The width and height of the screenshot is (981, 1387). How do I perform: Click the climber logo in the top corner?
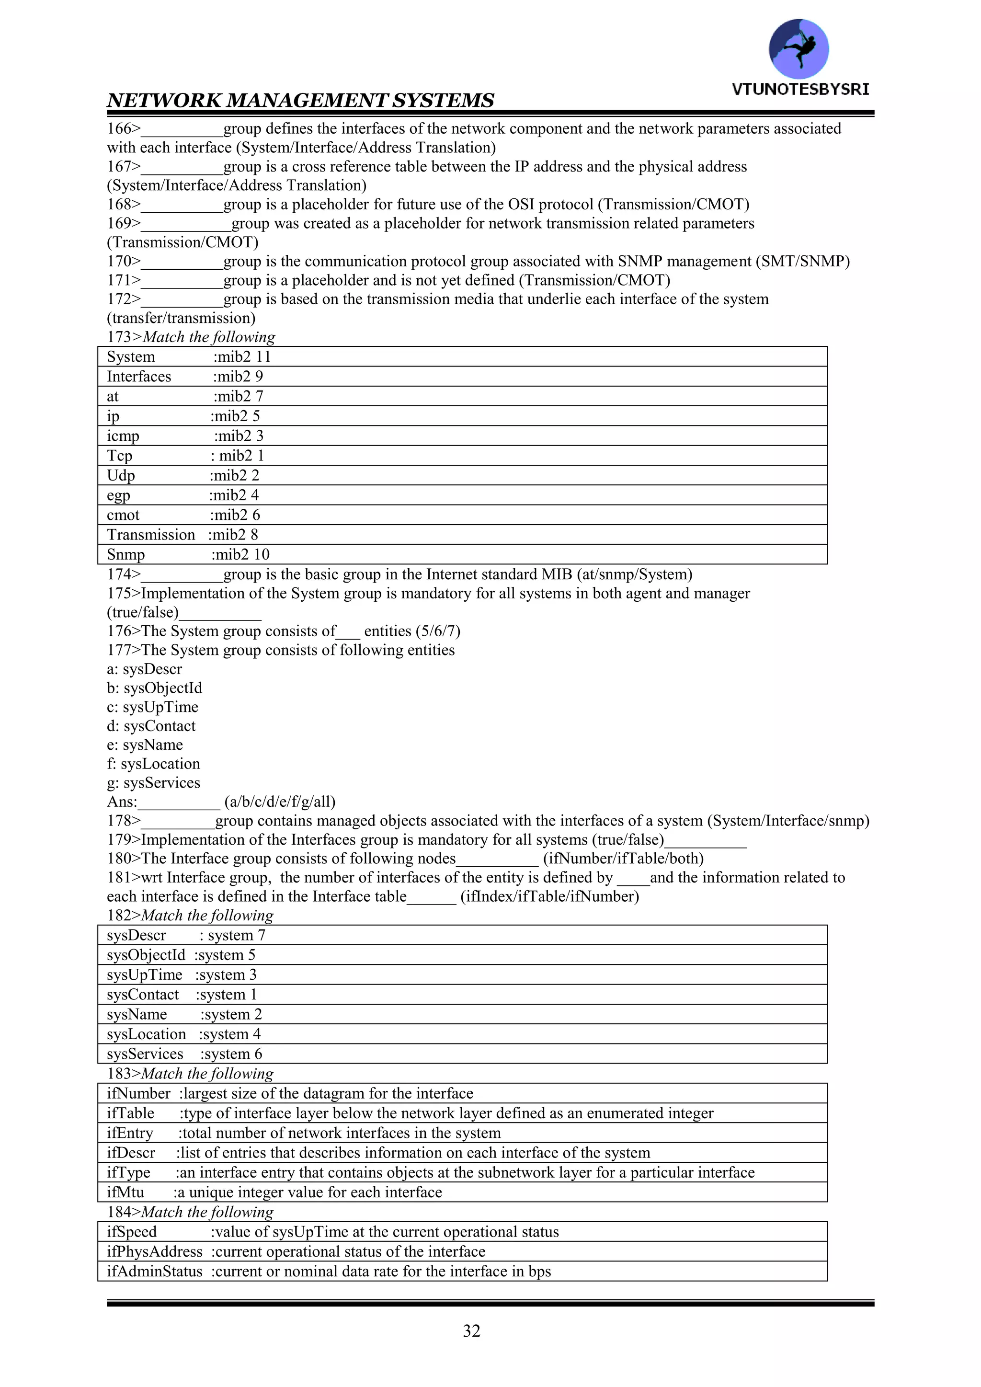pos(798,48)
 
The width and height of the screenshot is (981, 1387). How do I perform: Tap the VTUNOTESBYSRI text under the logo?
pos(800,90)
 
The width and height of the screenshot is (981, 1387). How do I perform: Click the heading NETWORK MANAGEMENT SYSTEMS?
pos(300,100)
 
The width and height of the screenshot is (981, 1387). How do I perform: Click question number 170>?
pos(124,262)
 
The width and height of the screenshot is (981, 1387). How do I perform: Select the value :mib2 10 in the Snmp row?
pos(240,554)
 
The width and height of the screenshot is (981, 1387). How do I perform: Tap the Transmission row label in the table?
pos(151,535)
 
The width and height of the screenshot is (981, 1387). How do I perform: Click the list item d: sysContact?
pos(151,726)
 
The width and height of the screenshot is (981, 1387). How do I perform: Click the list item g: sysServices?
pos(153,783)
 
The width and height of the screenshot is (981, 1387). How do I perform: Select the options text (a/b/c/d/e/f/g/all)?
pos(280,802)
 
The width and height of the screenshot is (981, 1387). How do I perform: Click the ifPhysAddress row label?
pos(155,1252)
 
